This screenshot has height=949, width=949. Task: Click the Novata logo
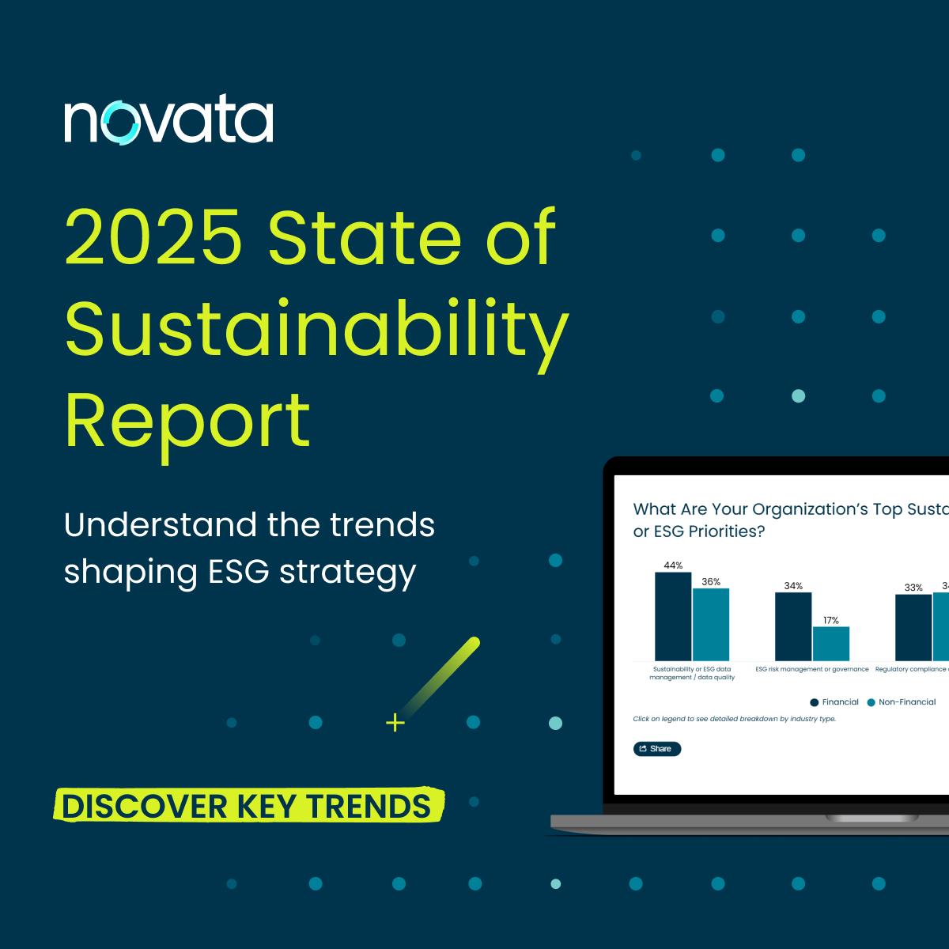[168, 122]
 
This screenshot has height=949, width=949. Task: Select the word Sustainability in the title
[316, 327]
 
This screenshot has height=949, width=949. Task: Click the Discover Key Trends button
[247, 806]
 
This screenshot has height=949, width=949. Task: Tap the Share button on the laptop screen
[656, 749]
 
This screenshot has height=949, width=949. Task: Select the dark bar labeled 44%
[673, 616]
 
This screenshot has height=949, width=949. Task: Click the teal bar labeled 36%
[711, 624]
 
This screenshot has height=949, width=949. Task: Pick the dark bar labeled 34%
[793, 626]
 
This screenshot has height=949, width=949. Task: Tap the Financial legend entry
[834, 702]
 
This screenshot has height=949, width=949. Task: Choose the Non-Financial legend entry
[902, 702]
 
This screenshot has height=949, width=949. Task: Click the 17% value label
[831, 620]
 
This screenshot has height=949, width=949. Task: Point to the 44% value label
[673, 565]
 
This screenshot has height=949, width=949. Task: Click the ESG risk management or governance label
[812, 669]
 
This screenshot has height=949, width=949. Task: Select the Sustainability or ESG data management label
[692, 673]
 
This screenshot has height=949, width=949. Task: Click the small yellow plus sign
[395, 722]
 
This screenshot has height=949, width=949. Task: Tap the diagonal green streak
[440, 675]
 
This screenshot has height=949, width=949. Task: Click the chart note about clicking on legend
[734, 719]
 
